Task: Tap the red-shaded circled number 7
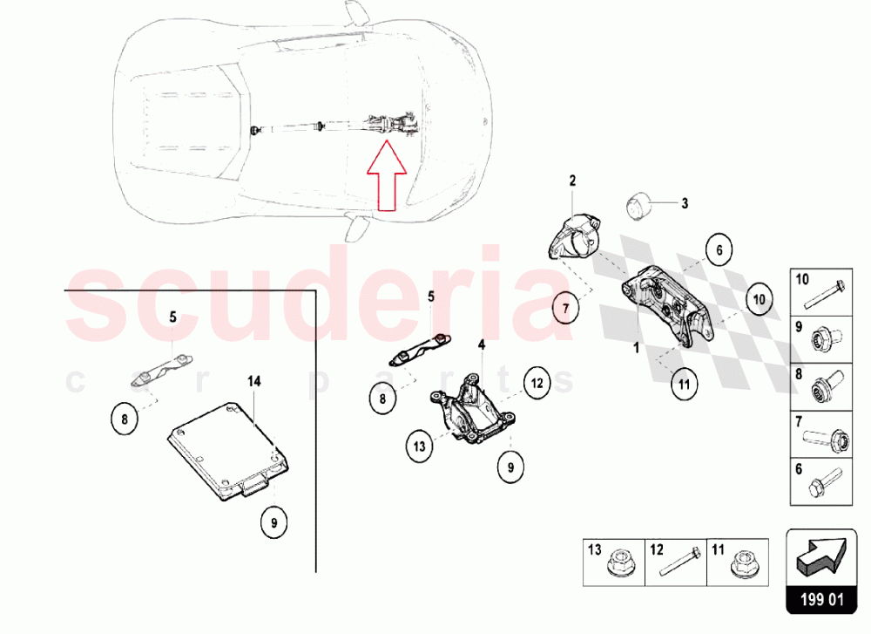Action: [564, 308]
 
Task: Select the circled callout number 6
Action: [719, 249]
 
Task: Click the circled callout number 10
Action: [758, 298]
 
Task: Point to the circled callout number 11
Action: [684, 382]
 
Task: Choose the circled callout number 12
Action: [537, 382]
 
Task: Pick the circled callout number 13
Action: [419, 447]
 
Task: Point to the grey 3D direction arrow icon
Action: [819, 557]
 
